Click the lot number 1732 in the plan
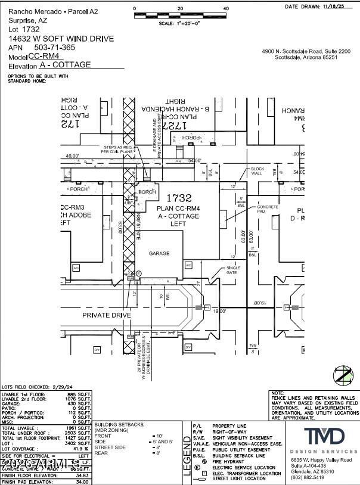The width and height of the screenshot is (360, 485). [179, 198]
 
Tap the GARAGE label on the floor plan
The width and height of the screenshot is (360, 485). [159, 253]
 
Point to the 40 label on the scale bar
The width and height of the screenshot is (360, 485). [225, 8]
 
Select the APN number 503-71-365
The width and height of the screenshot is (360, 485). [55, 46]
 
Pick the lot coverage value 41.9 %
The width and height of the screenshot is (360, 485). [80, 449]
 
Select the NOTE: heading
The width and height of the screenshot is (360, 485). [277, 393]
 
